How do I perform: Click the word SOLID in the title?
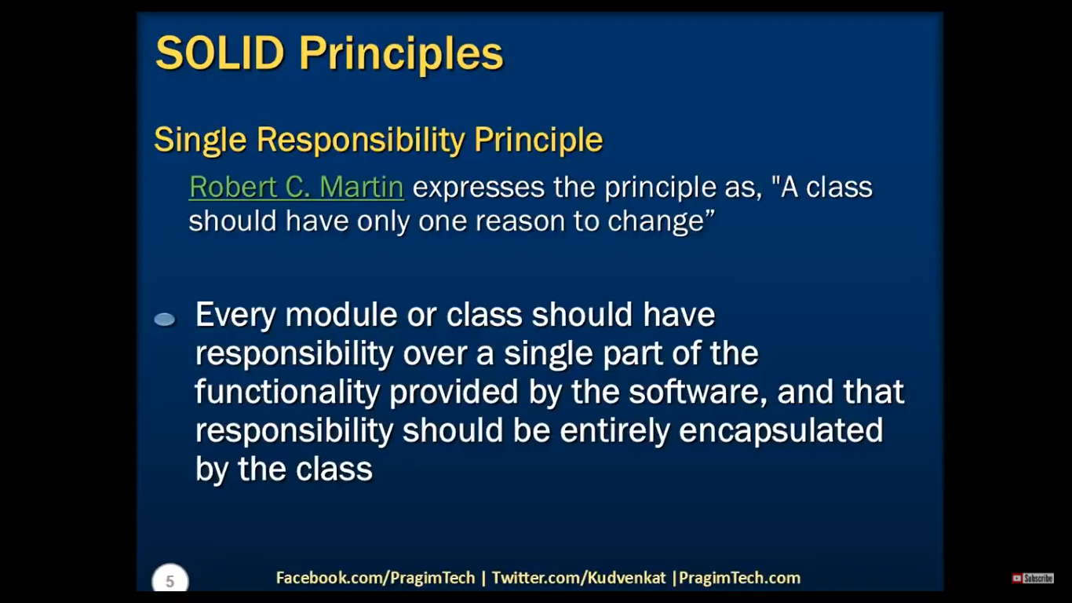[221, 53]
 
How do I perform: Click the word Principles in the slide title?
[401, 55]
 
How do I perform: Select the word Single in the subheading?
[200, 141]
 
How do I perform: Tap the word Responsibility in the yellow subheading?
[361, 141]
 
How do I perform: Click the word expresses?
[479, 188]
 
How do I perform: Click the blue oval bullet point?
[165, 320]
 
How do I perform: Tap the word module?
[341, 315]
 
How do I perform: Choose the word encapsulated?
[781, 431]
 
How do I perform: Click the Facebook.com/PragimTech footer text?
[376, 578]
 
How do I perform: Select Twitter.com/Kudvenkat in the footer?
[578, 578]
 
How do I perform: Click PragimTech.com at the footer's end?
[739, 578]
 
